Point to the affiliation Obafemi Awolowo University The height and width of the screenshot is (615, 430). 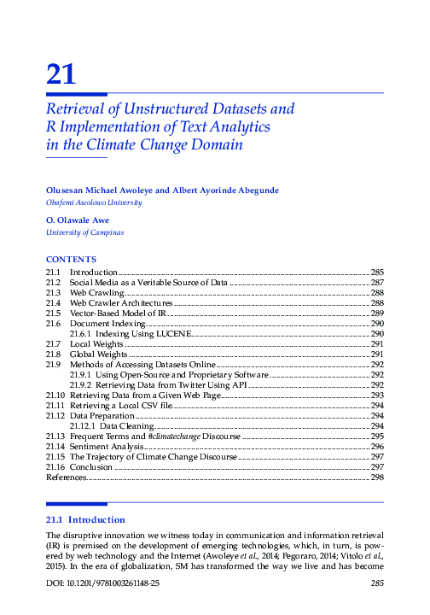82,202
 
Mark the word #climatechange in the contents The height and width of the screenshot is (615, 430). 174,436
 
